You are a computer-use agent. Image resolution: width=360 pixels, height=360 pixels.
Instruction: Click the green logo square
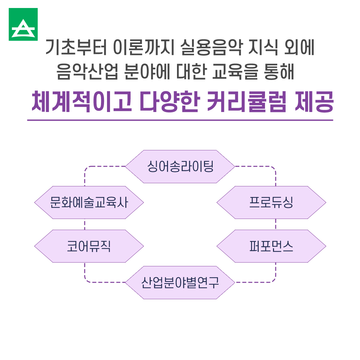coord(23,24)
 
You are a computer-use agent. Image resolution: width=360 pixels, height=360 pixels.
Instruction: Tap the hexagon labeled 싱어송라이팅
coord(180,166)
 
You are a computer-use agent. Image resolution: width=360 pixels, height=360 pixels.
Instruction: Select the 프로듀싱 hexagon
coord(271,203)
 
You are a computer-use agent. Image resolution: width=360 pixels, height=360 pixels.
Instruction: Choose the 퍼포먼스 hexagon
coord(271,246)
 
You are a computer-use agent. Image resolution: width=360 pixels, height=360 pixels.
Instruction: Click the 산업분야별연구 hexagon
coord(180,283)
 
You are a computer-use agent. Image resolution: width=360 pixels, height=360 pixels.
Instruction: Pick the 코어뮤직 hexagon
coord(89,246)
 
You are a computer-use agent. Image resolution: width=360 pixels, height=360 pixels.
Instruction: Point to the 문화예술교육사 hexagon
coord(89,203)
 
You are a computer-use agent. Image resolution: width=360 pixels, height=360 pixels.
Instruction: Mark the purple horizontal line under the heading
coord(180,120)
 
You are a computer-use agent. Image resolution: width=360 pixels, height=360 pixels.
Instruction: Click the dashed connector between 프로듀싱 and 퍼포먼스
coord(276,224)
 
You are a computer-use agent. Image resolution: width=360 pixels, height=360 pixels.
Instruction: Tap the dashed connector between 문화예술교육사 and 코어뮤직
coord(85,224)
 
